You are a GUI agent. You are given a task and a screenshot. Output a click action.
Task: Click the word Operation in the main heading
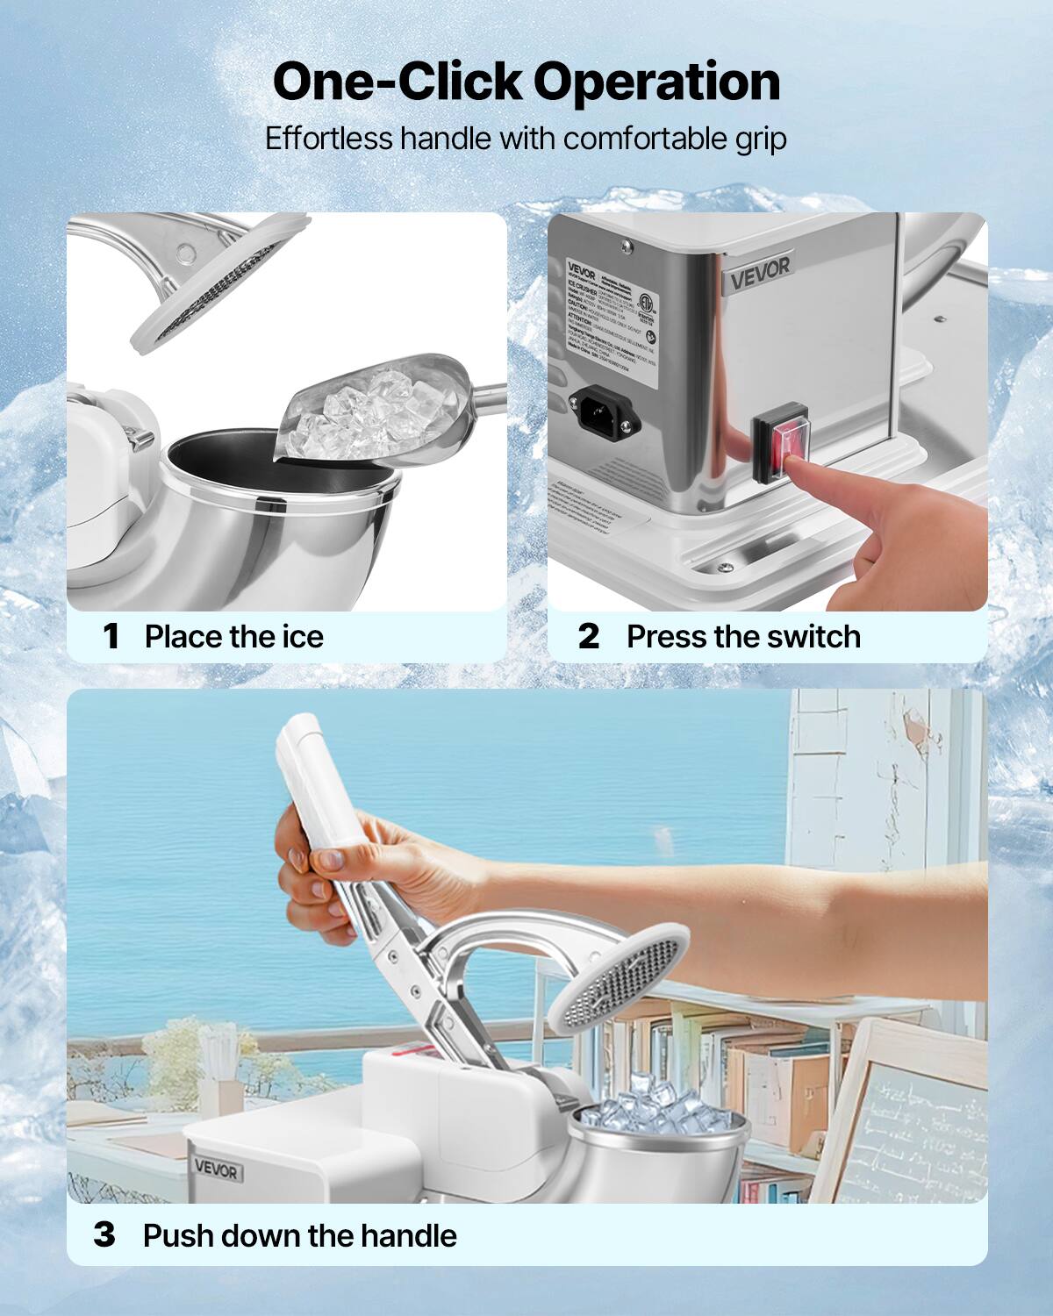click(656, 82)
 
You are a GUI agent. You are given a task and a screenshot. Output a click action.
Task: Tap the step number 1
click(111, 636)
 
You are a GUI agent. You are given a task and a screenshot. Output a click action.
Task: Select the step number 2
click(589, 636)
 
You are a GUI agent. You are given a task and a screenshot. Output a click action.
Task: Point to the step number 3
click(104, 1235)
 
